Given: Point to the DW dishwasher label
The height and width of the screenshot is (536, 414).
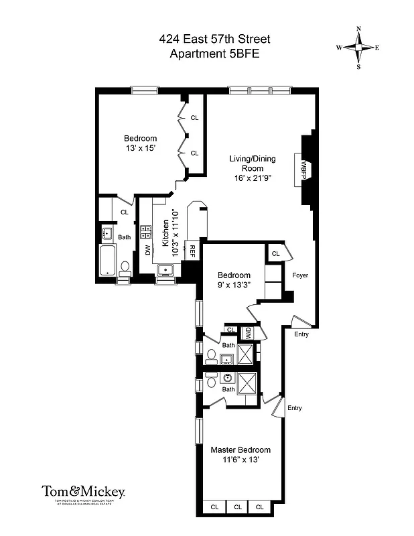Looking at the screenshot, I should click(148, 250).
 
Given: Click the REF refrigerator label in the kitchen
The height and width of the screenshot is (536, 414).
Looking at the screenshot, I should click(192, 251).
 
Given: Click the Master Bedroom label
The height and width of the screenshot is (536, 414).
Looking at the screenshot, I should click(240, 450).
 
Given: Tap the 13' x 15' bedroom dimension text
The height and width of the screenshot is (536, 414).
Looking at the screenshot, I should click(140, 148).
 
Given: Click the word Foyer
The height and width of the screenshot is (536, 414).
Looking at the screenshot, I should click(300, 275).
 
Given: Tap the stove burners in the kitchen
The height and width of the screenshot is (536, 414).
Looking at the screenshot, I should click(145, 232).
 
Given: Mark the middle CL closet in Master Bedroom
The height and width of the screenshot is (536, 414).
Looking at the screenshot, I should click(236, 507).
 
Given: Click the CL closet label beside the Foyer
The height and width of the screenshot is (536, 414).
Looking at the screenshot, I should click(276, 253).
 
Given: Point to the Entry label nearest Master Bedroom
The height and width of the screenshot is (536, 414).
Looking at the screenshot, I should click(294, 407).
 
